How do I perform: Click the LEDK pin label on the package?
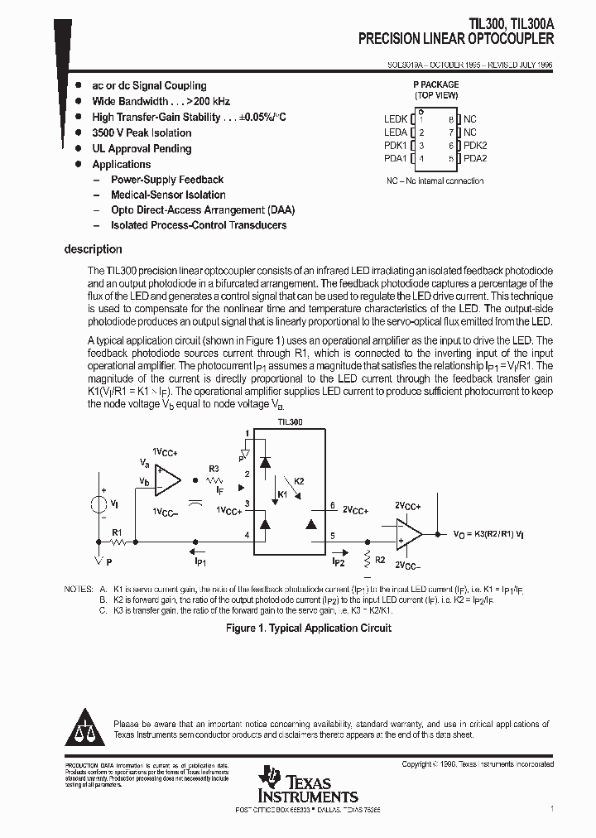pyautogui.click(x=396, y=119)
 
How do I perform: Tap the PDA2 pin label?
pyautogui.click(x=475, y=158)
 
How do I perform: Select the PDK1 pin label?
pyautogui.click(x=396, y=145)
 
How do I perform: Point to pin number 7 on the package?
pyautogui.click(x=452, y=132)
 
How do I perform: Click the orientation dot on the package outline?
pyautogui.click(x=421, y=112)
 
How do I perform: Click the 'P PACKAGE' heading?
pyautogui.click(x=435, y=84)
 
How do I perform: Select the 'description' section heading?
pyautogui.click(x=93, y=249)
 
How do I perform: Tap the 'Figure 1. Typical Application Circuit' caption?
pyautogui.click(x=309, y=628)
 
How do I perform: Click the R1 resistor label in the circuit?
pyautogui.click(x=117, y=532)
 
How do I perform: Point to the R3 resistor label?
pyautogui.click(x=214, y=469)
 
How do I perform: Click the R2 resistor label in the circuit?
pyautogui.click(x=380, y=560)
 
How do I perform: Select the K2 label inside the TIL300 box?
pyautogui.click(x=299, y=481)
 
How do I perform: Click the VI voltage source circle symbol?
pyautogui.click(x=98, y=504)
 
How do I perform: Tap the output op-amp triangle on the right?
pyautogui.click(x=408, y=532)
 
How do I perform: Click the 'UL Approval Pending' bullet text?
pyautogui.click(x=142, y=149)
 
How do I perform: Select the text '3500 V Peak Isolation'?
pyautogui.click(x=142, y=132)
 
